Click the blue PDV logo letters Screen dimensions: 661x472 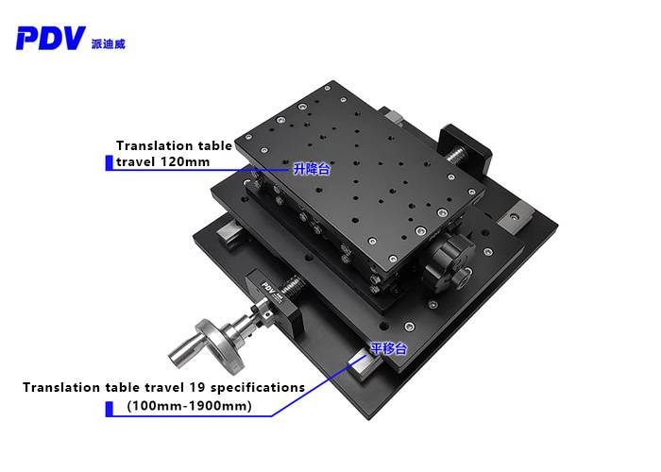coord(51,38)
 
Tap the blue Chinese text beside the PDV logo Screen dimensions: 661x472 coord(109,43)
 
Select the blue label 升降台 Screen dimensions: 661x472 coord(312,169)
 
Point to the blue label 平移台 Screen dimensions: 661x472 coord(389,349)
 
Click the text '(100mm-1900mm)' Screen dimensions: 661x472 coord(189,406)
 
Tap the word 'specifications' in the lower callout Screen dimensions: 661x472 coord(258,388)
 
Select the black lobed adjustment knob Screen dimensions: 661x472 coord(449,263)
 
